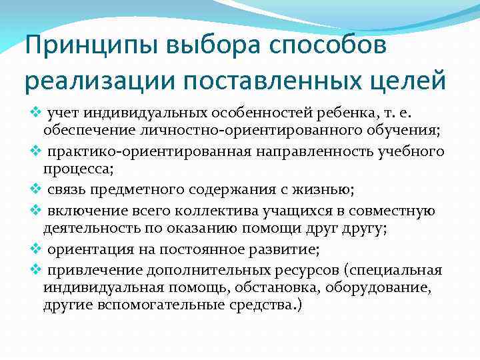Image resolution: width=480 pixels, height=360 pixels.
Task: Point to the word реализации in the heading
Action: click(93, 80)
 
